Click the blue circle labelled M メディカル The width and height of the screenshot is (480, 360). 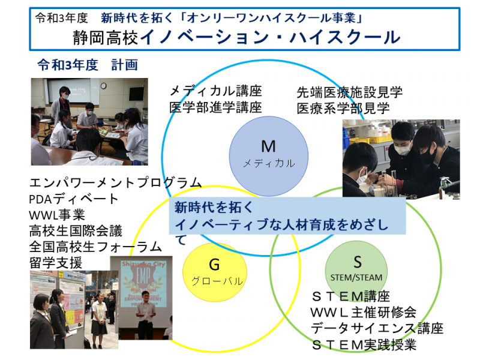point(268,156)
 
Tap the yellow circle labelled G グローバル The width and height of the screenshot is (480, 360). point(215,272)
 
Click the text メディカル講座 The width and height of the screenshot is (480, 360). point(215,91)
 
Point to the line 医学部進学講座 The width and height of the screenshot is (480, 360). point(215,107)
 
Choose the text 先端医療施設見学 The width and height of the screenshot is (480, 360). point(349,92)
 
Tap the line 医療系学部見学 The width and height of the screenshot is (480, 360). point(343,109)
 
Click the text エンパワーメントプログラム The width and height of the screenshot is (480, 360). point(115,183)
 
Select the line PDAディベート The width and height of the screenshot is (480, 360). point(73,199)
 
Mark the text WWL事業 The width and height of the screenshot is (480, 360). point(57,215)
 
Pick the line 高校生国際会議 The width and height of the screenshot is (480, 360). point(76,231)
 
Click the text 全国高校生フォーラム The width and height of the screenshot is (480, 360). point(95,247)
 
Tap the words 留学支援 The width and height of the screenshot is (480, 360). point(56,263)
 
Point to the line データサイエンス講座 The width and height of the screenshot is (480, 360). point(377,328)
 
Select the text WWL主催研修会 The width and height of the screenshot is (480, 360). point(364,312)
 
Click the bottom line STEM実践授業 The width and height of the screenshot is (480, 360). point(364,344)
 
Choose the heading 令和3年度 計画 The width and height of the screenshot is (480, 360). point(88,65)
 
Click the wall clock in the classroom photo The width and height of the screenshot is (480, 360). point(103,86)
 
